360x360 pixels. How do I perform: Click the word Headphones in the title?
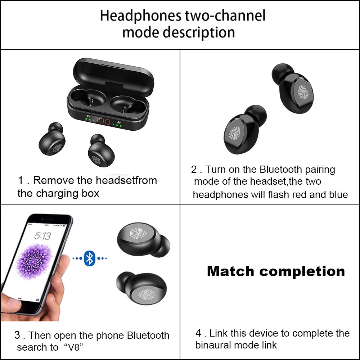coord(140,16)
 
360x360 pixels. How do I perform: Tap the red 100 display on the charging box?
coord(103,121)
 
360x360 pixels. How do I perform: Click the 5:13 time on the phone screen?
coord(42,236)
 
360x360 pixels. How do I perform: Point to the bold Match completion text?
coord(276,271)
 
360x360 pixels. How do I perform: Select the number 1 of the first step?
coord(21,180)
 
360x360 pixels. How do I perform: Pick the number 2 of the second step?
coord(194,169)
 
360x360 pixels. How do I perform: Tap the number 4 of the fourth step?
coord(198,333)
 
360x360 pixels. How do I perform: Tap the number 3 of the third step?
coord(17,335)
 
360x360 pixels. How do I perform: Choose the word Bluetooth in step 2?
coord(281,169)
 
